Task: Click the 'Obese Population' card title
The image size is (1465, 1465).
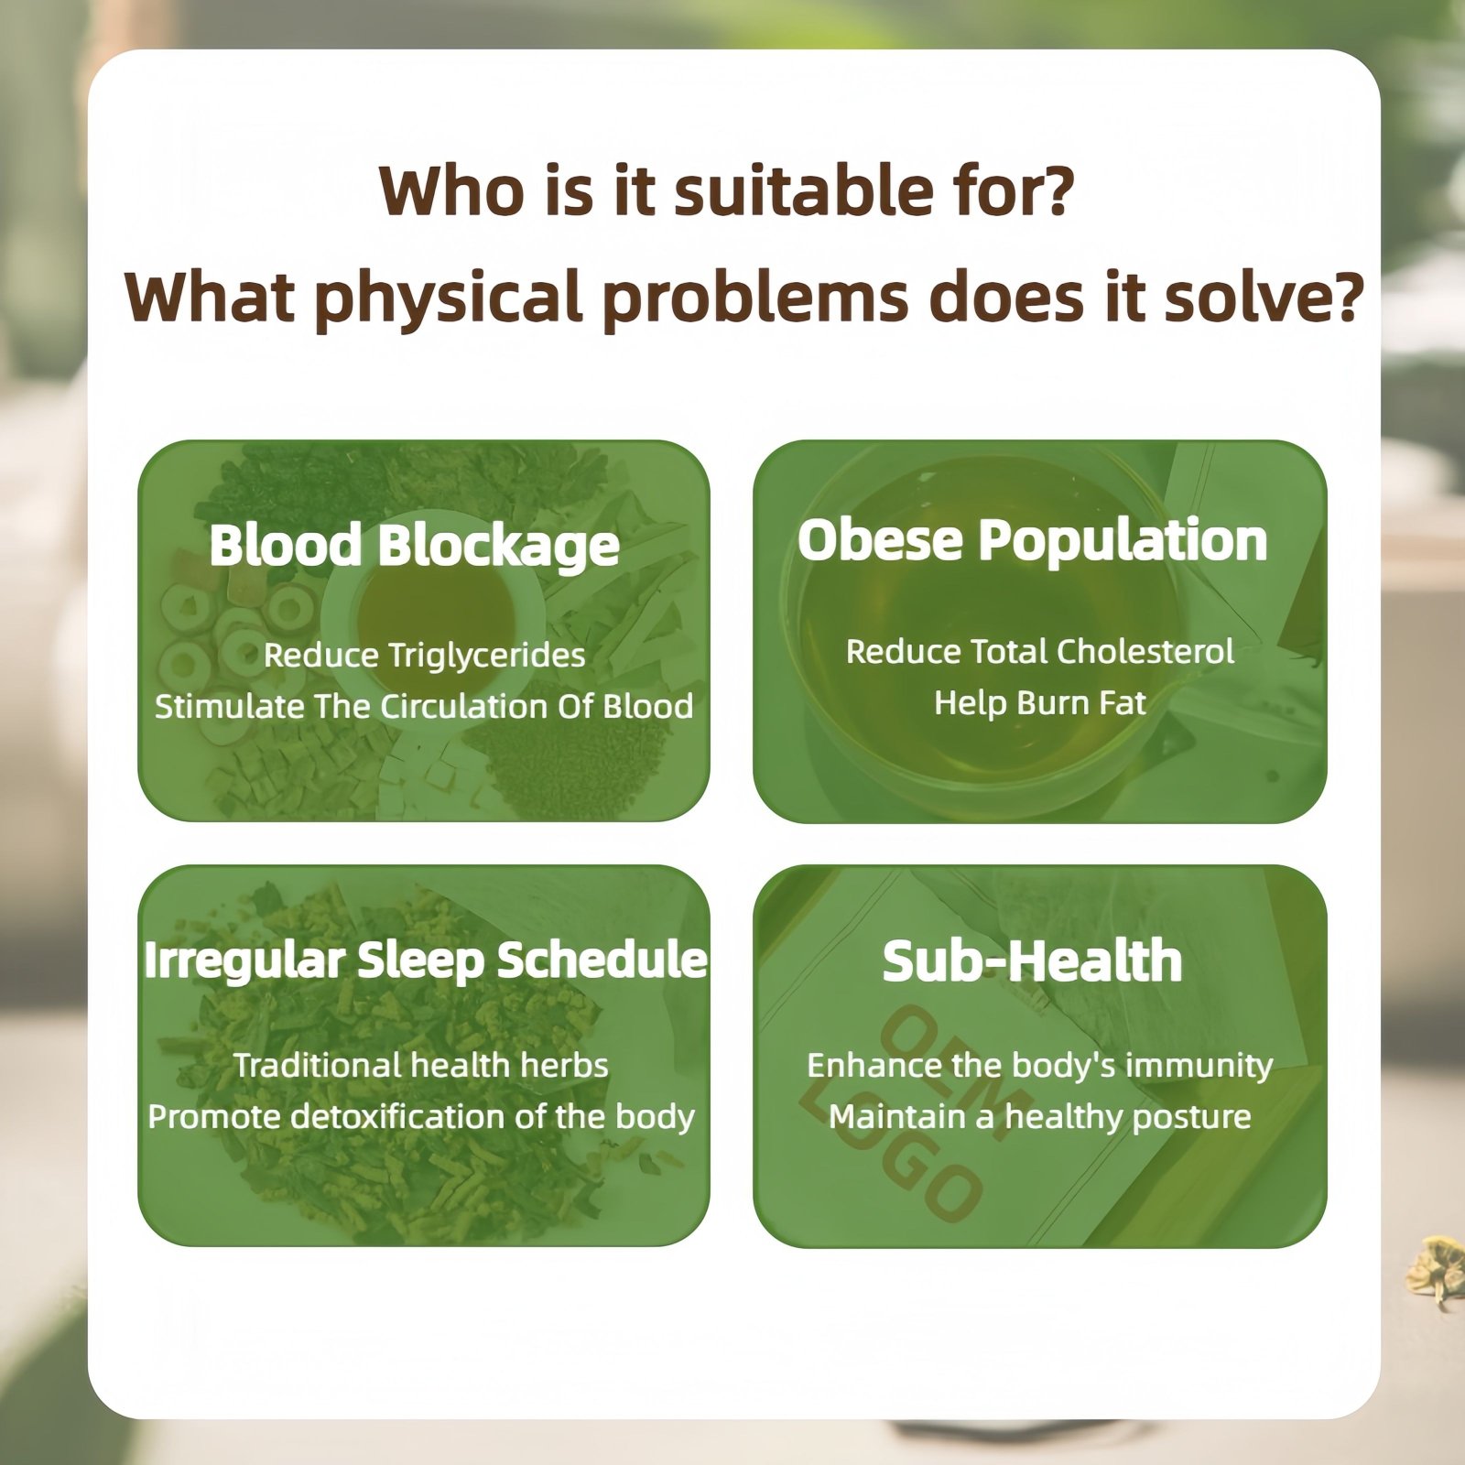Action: coord(1032,540)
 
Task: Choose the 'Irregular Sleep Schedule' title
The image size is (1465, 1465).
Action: coord(425,960)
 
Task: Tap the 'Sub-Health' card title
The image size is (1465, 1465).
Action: coord(1032,961)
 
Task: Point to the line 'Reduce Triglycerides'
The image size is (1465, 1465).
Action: coord(424,655)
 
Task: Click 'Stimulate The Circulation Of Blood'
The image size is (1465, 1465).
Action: coord(424,706)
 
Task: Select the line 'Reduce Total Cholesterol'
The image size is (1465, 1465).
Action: coord(1039,651)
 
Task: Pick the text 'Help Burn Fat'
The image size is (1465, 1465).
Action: coord(1039,702)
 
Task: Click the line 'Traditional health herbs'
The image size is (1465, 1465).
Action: coord(420,1065)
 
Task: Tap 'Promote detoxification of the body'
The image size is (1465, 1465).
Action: coord(421,1117)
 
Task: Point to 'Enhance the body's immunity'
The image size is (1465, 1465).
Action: coord(1039,1065)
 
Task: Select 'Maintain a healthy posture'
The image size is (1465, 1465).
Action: coord(1039,1117)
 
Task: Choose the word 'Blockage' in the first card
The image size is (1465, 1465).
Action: coord(499,546)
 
